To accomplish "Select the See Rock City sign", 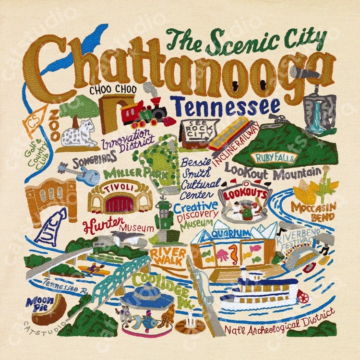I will coord(194,130).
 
